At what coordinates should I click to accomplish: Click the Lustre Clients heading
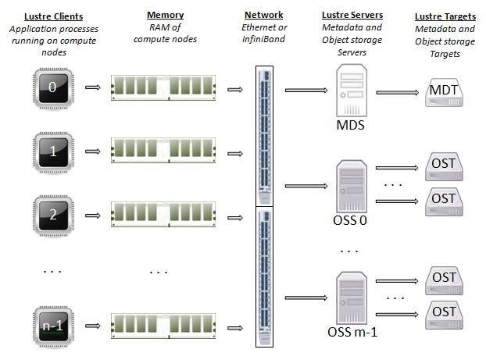[54, 16]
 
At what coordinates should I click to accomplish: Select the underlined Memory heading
[165, 15]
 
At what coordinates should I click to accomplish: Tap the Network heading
[264, 15]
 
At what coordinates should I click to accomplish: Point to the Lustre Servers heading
[352, 15]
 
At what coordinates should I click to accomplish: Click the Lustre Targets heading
[445, 16]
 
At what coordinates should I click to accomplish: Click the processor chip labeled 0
[53, 88]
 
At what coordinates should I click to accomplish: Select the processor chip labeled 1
[53, 151]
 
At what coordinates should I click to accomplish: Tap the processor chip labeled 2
[53, 216]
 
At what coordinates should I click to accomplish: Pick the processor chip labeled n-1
[53, 326]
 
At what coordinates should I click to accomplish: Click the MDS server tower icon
[352, 90]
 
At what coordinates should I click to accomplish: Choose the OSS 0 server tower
[352, 186]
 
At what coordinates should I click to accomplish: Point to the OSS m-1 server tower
[352, 298]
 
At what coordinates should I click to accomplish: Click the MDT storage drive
[444, 93]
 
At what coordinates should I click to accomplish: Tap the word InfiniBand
[264, 39]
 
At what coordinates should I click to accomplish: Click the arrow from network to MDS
[306, 90]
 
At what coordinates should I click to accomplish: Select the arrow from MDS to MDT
[398, 92]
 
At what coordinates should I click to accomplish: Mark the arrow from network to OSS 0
[306, 186]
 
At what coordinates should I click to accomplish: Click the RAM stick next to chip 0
[163, 88]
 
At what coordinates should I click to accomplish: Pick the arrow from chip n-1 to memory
[93, 326]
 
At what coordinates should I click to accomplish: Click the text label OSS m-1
[352, 332]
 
